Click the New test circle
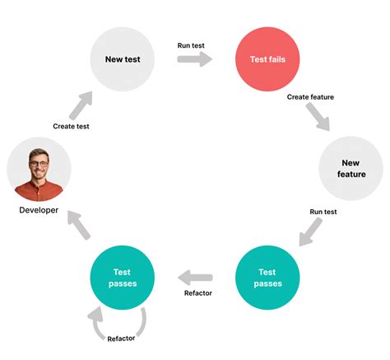(123, 59)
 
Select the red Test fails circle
(267, 59)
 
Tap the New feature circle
(351, 168)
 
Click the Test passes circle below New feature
(267, 278)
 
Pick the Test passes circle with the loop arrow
(123, 278)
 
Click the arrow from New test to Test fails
(195, 59)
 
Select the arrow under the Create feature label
(318, 117)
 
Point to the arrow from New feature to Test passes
(310, 231)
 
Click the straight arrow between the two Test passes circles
(195, 278)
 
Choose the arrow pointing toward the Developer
(79, 225)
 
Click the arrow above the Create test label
(81, 105)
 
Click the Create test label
(71, 126)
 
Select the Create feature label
(310, 97)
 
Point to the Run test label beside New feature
(323, 212)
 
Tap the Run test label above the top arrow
(191, 45)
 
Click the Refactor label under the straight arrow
(198, 293)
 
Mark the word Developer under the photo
(39, 210)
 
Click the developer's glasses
(39, 164)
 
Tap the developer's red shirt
(39, 191)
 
